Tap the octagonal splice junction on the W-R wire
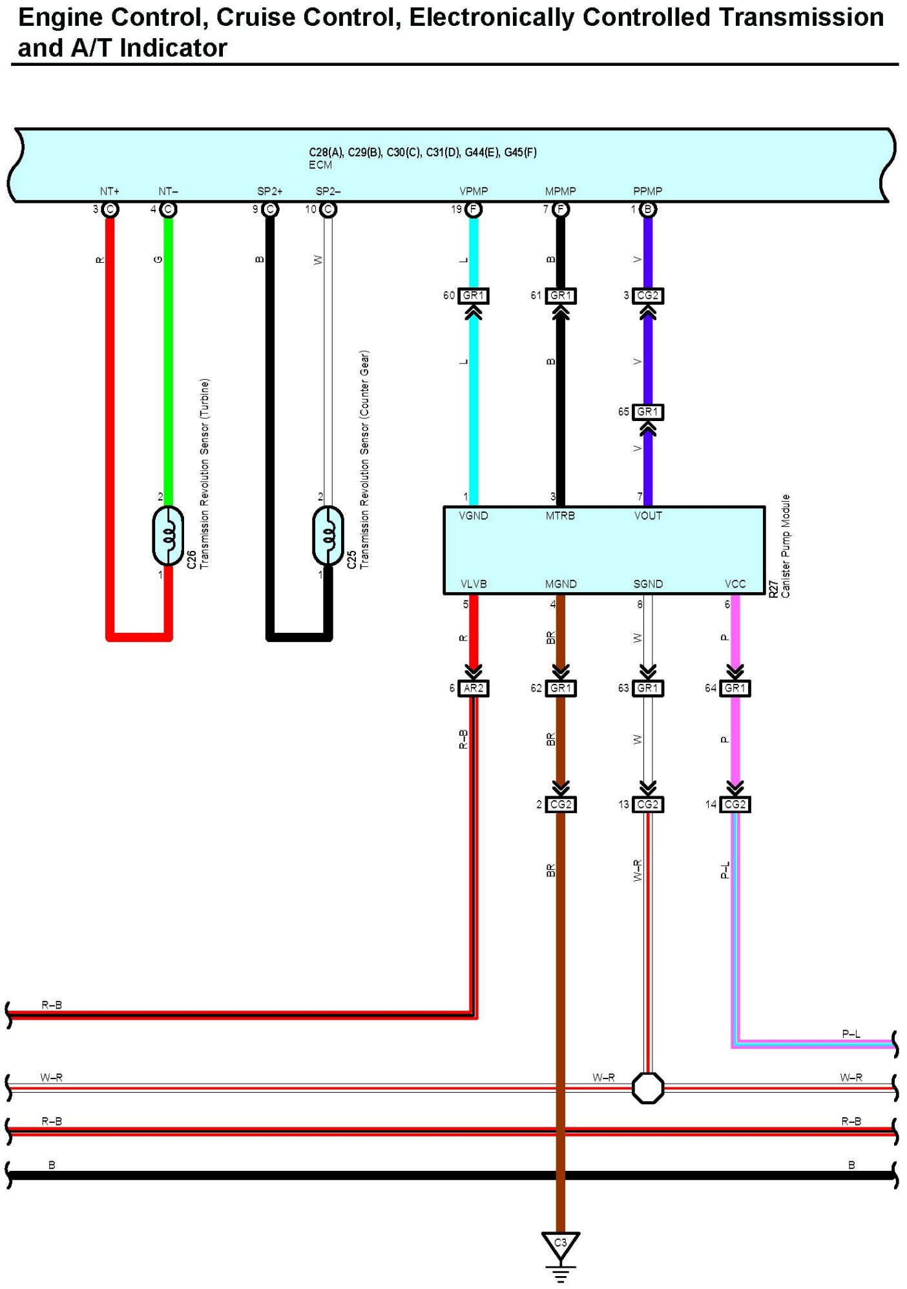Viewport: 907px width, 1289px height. click(x=647, y=1088)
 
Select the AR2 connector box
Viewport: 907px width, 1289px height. click(x=473, y=688)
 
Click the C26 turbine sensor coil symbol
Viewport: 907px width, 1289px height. click(x=168, y=536)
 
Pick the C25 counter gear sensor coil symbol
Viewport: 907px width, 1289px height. click(x=328, y=536)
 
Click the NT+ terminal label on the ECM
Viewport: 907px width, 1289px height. click(x=110, y=191)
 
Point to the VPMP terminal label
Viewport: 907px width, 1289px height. click(x=474, y=191)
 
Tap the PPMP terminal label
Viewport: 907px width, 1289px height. click(x=647, y=191)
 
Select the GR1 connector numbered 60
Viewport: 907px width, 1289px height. click(x=473, y=296)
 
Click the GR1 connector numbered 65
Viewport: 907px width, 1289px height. click(x=647, y=412)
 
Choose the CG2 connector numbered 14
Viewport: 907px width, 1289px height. click(x=735, y=805)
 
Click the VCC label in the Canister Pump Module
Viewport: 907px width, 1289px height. click(x=735, y=584)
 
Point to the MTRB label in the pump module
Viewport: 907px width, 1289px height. click(x=560, y=516)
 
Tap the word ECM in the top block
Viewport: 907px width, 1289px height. click(x=320, y=165)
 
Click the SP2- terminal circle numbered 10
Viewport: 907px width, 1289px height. click(x=328, y=209)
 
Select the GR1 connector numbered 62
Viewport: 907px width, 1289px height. click(x=560, y=688)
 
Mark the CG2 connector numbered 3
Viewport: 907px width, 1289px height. click(x=647, y=296)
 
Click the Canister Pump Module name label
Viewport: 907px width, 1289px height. click(x=786, y=546)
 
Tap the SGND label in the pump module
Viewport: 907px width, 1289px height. click(x=647, y=584)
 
